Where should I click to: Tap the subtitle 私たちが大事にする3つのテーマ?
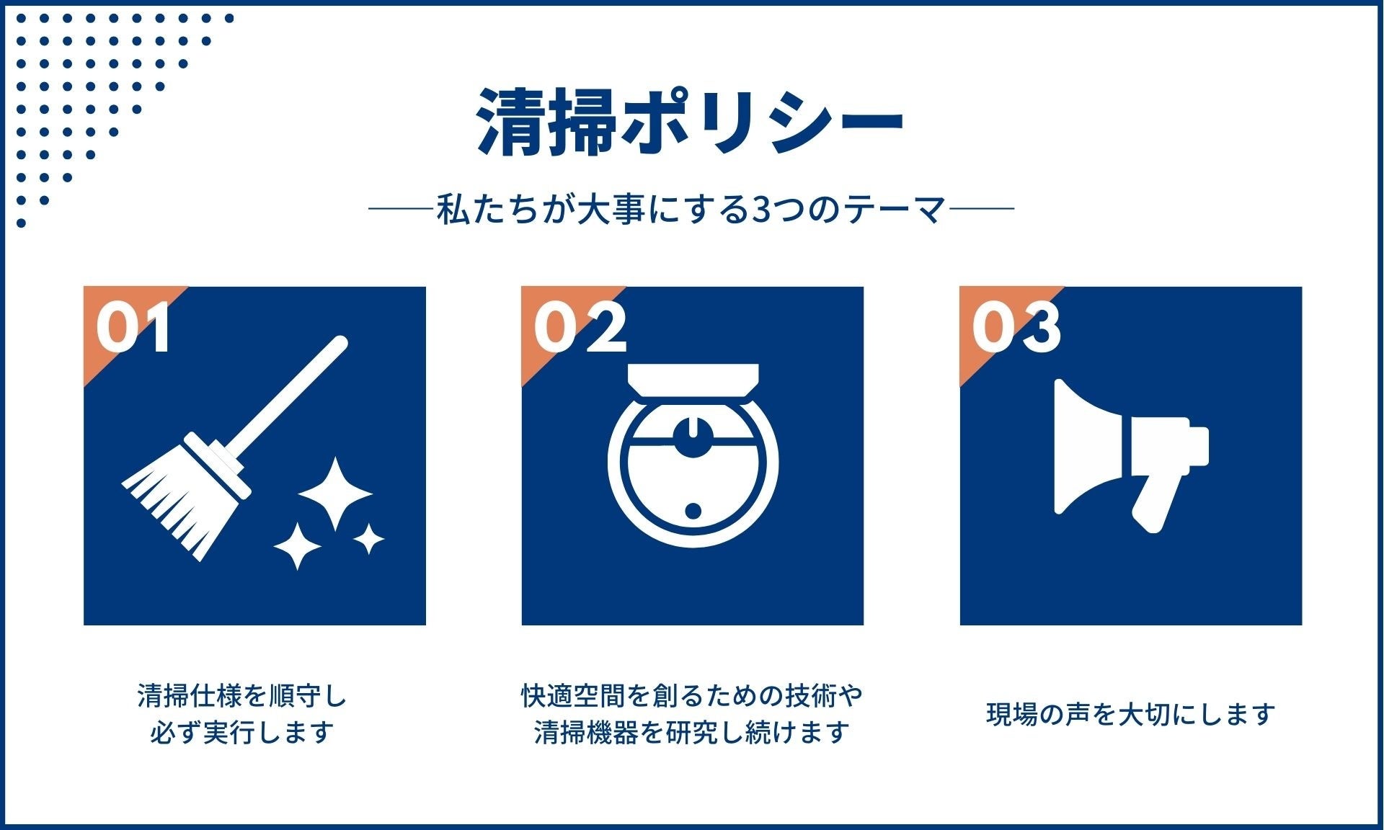(691, 210)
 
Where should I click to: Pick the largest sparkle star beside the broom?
(335, 494)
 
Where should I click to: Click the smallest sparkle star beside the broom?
(368, 539)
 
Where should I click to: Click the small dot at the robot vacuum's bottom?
(693, 511)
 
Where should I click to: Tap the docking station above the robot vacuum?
(693, 379)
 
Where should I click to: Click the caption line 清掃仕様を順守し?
(242, 696)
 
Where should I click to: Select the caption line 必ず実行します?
(242, 732)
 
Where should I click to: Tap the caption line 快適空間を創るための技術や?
(692, 696)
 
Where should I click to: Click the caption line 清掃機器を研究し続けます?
(692, 732)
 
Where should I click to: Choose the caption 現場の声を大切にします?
(1130, 714)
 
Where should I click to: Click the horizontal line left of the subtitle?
(401, 210)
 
